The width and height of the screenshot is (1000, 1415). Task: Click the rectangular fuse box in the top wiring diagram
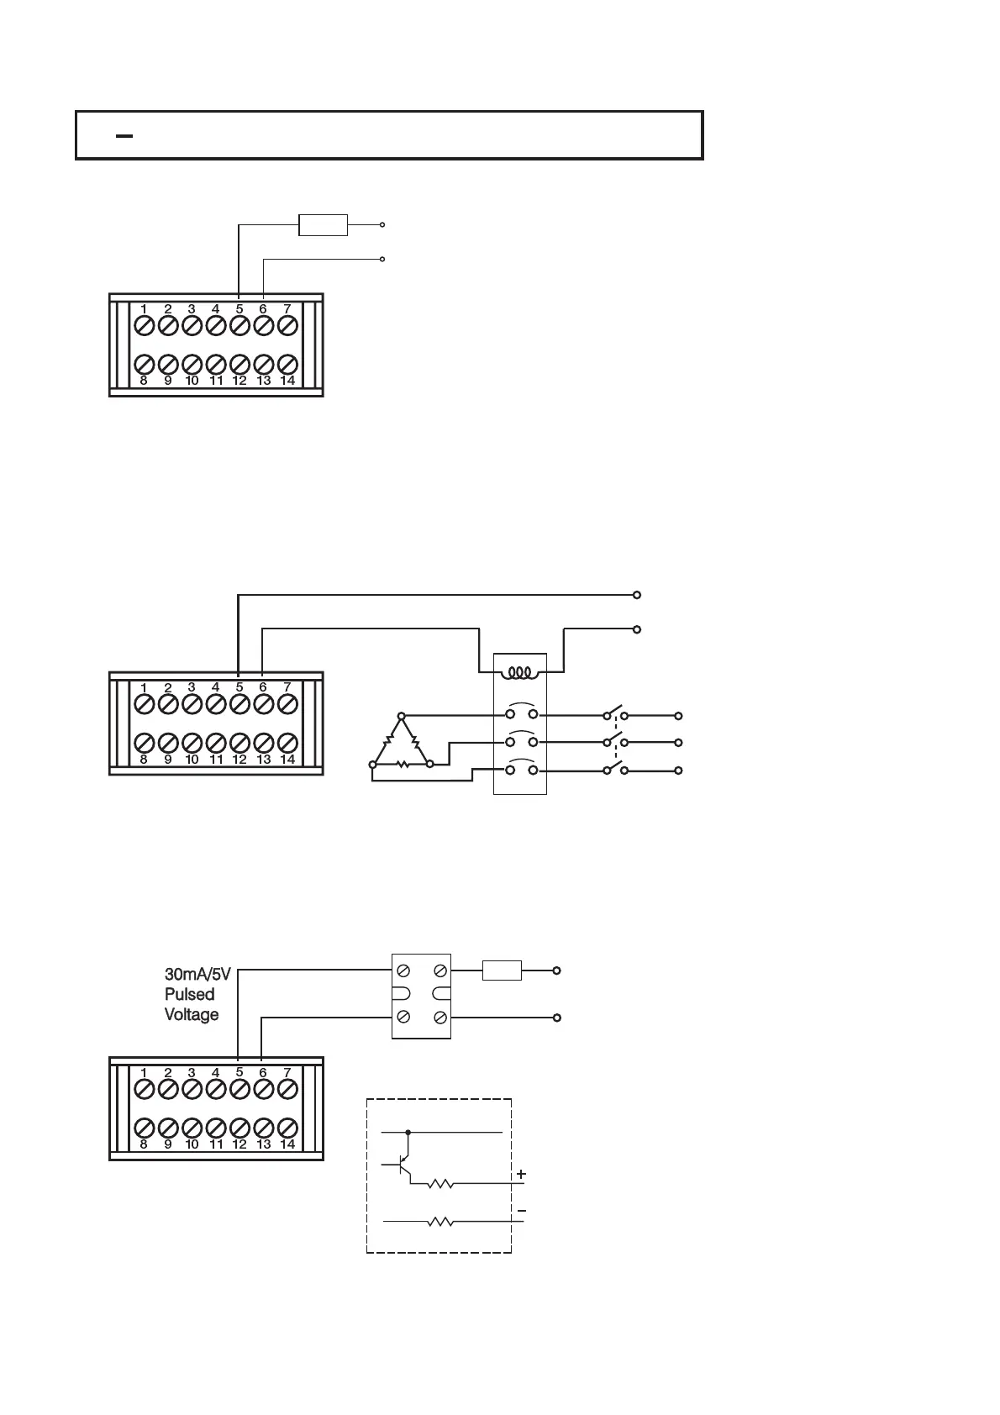click(324, 225)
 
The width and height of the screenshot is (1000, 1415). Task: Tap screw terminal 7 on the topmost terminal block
click(287, 324)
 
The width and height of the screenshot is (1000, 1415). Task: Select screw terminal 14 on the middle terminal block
click(287, 743)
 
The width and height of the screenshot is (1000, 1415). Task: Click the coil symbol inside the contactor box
click(520, 673)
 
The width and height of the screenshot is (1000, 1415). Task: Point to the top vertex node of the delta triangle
click(401, 716)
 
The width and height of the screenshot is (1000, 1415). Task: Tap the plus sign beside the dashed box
click(521, 1173)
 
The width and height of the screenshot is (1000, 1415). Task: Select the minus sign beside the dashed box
click(522, 1211)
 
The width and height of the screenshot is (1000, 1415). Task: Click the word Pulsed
click(189, 994)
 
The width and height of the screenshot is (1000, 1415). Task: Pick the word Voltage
click(192, 1014)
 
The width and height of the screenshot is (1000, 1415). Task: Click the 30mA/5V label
click(197, 975)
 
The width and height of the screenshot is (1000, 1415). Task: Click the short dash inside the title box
click(124, 135)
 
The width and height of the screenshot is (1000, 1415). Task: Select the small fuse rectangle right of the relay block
click(502, 971)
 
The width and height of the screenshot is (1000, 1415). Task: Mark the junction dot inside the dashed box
click(408, 1133)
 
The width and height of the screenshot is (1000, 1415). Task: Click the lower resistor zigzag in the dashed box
click(440, 1222)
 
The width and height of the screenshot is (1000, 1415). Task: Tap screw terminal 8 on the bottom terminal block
click(144, 1128)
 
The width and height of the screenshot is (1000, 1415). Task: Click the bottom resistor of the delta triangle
click(402, 765)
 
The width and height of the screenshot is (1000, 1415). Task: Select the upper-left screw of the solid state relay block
click(403, 971)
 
